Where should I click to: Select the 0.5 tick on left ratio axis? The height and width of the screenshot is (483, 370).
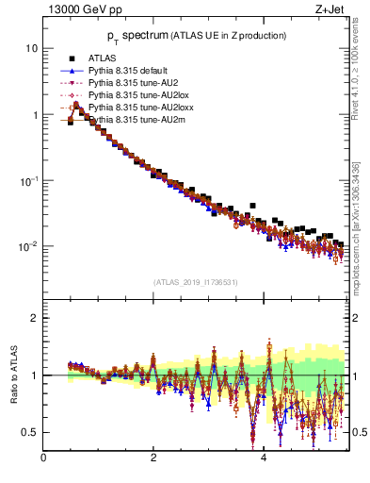coord(30,432)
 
